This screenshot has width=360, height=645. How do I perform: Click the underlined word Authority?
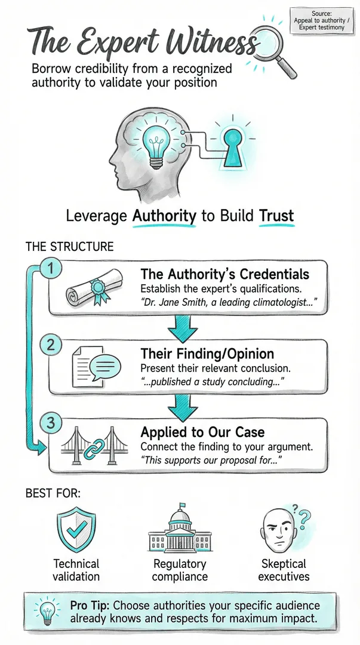164,216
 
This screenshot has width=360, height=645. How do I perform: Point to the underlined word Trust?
276,216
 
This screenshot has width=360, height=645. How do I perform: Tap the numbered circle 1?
51,269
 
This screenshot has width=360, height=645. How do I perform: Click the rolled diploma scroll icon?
94,288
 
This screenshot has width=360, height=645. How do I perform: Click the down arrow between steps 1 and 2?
182,328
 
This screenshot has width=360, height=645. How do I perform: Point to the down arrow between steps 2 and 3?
182,407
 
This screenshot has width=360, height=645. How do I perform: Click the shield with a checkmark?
76,529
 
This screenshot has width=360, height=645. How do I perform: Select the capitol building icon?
180,528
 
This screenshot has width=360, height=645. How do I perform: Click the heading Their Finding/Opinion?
207,354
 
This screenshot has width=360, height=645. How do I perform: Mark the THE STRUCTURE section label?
69,247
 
